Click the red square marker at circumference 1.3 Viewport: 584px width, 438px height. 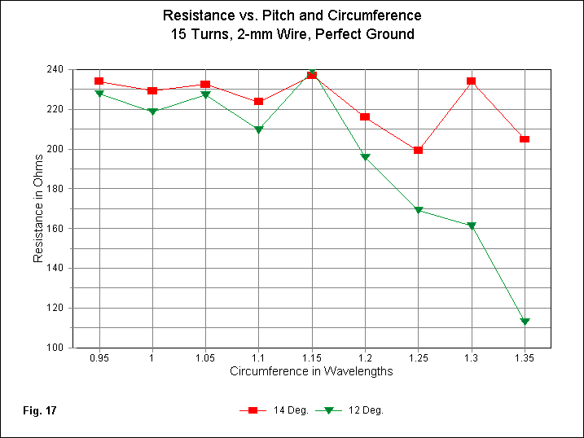pyautogui.click(x=471, y=81)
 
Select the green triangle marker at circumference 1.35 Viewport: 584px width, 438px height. pyautogui.click(x=525, y=322)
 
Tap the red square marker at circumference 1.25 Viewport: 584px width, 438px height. pyautogui.click(x=418, y=150)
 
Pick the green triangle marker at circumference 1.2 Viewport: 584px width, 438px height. pyautogui.click(x=365, y=157)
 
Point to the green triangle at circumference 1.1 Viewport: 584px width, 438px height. pyautogui.click(x=258, y=130)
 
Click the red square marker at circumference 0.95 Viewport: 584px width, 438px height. pyautogui.click(x=99, y=81)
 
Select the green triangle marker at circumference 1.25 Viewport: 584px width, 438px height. pyautogui.click(x=418, y=210)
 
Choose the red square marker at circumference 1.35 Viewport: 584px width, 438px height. pyautogui.click(x=525, y=139)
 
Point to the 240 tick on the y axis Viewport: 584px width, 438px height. pyautogui.click(x=55, y=70)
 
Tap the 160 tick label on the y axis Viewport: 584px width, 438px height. pyautogui.click(x=55, y=228)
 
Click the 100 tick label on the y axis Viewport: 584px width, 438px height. pyautogui.click(x=55, y=348)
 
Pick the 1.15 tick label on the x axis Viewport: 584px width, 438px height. pyautogui.click(x=311, y=358)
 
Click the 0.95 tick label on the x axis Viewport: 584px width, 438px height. pyautogui.click(x=99, y=358)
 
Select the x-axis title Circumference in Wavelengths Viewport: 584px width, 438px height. pyautogui.click(x=312, y=372)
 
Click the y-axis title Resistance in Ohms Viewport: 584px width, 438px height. pyautogui.click(x=38, y=208)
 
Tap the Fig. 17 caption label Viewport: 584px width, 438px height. pyautogui.click(x=39, y=410)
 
